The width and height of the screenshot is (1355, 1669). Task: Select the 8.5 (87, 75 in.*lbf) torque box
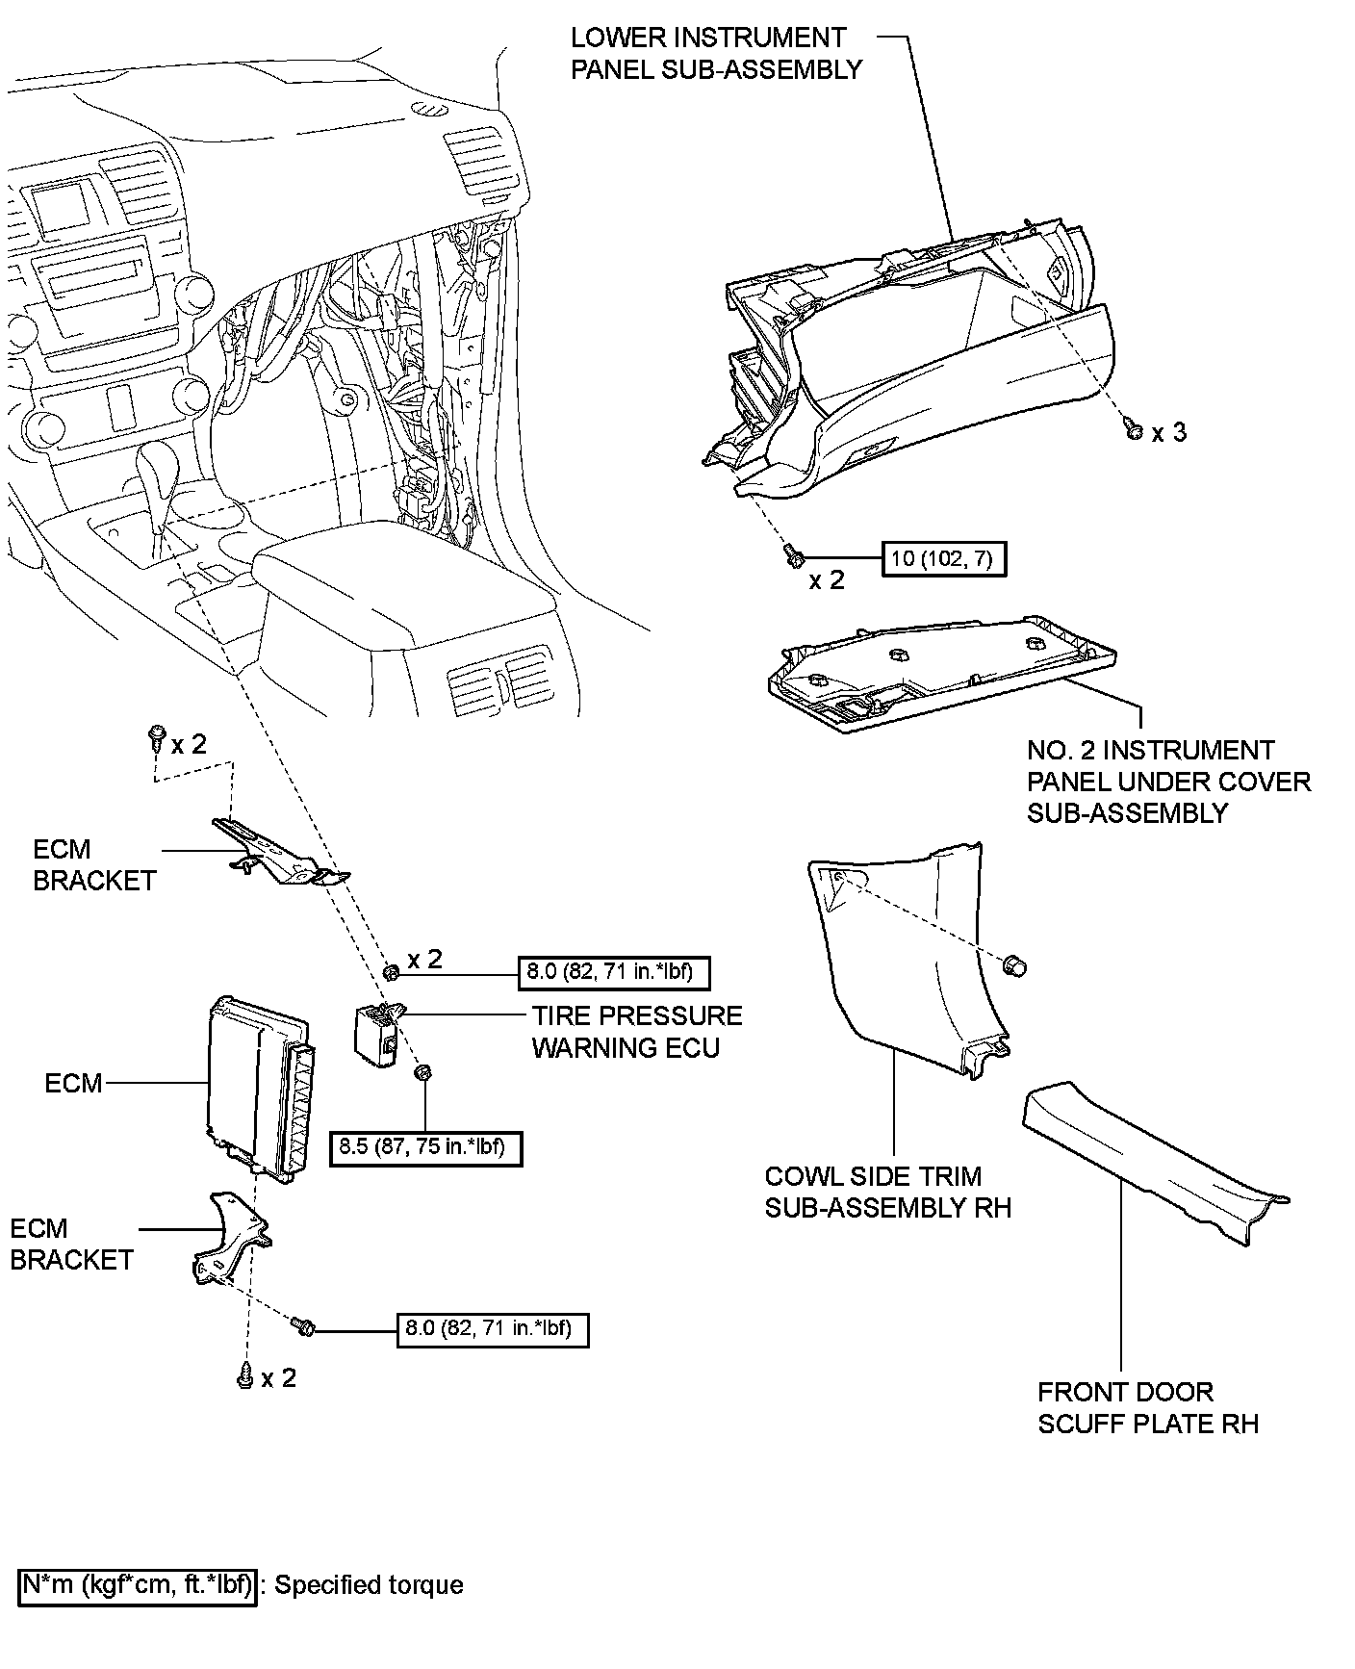click(x=425, y=1147)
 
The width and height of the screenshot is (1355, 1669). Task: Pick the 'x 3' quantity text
click(x=1169, y=433)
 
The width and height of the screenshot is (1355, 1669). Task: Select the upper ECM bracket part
click(x=279, y=852)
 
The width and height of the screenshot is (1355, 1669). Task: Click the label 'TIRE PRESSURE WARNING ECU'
click(x=637, y=1032)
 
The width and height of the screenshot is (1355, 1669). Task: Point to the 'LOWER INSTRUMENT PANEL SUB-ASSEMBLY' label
click(x=716, y=54)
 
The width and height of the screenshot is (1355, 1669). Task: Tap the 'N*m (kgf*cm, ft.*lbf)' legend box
click(x=138, y=1584)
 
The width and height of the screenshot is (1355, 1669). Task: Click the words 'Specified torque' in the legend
click(x=370, y=1585)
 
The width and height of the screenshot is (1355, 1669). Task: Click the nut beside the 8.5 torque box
click(x=421, y=1074)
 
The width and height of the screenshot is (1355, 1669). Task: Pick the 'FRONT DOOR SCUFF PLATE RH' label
click(x=1147, y=1407)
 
